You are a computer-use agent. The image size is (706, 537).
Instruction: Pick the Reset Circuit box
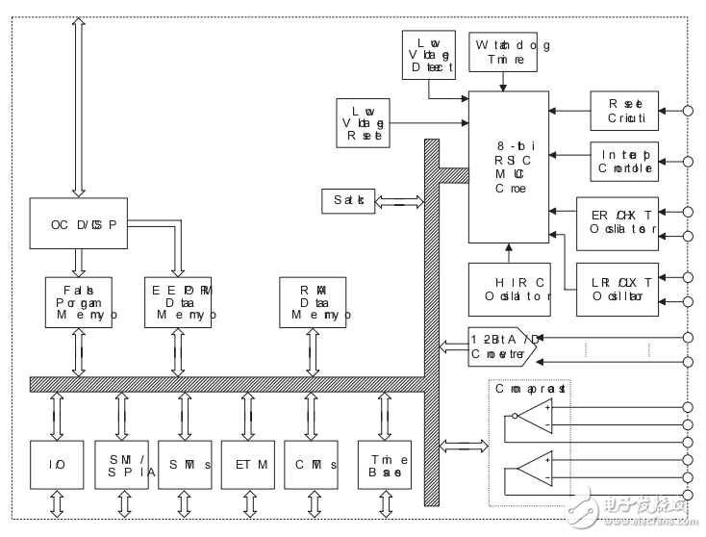coord(624,112)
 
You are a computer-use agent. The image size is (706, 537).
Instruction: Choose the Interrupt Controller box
coord(624,161)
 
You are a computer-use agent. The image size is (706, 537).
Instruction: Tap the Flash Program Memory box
coord(80,301)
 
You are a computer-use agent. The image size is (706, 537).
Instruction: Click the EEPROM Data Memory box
coord(180,301)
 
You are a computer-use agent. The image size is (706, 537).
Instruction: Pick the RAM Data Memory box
coord(311,301)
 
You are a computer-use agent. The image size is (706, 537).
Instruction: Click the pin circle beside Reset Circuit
coord(687,112)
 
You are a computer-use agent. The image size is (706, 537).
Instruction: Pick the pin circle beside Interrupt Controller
coord(687,161)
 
